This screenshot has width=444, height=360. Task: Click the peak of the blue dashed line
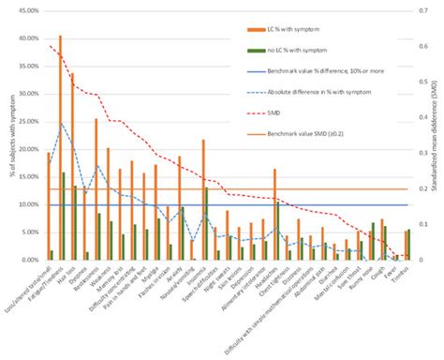coord(62,123)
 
